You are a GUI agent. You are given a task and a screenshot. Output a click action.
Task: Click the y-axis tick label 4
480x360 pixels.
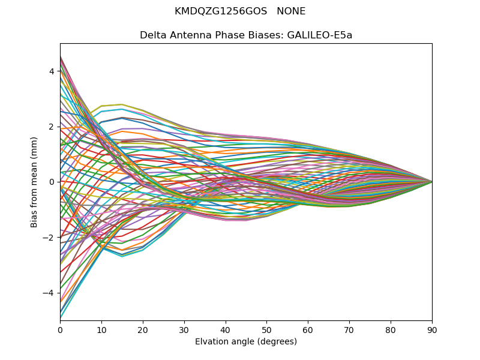point(52,71)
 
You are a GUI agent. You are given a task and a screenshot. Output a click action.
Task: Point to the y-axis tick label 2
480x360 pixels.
point(52,127)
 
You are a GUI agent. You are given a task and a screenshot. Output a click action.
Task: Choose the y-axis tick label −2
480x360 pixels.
point(49,238)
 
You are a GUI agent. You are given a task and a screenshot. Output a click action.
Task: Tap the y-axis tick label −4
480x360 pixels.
point(49,293)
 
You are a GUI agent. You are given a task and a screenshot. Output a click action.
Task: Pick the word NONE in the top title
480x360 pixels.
point(291,11)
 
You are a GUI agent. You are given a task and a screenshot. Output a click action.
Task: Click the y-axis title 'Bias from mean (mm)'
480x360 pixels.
point(34,181)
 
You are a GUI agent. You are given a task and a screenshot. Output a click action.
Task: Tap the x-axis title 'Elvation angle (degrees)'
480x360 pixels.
point(246,341)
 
